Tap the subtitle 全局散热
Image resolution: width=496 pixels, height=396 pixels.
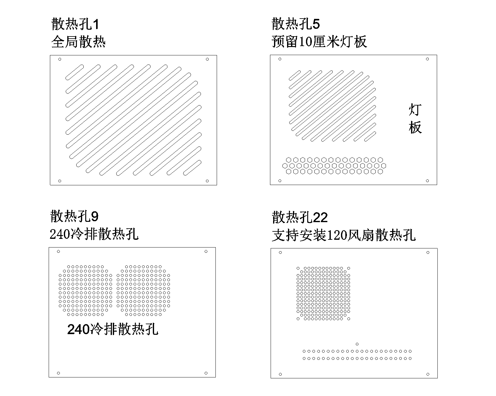tap(78, 42)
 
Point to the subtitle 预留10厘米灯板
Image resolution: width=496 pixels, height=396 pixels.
tap(319, 42)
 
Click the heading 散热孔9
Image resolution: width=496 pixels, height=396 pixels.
tap(74, 216)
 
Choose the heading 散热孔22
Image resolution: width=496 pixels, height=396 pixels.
tap(300, 217)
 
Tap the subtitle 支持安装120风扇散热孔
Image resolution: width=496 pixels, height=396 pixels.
tap(343, 235)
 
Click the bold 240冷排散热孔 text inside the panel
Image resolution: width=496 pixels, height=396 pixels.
tap(113, 329)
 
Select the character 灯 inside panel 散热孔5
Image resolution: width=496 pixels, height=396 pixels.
tap(415, 110)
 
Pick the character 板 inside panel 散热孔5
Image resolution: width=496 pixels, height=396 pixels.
tap(415, 127)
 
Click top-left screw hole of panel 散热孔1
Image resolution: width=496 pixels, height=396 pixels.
tap(60, 59)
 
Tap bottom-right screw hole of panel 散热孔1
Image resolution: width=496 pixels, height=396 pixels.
tap(207, 181)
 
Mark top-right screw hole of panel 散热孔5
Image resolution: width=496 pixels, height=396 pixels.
tap(427, 59)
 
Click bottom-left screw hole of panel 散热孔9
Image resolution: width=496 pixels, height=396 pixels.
tap(59, 373)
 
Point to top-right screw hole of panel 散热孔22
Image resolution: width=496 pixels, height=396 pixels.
tap(428, 252)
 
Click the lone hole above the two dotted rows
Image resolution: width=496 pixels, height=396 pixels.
tap(357, 344)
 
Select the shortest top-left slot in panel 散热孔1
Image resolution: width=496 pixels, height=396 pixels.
tap(75, 72)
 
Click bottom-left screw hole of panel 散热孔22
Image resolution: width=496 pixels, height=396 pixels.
tap(281, 374)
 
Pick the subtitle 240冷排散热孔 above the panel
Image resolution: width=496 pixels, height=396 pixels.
tap(94, 234)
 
